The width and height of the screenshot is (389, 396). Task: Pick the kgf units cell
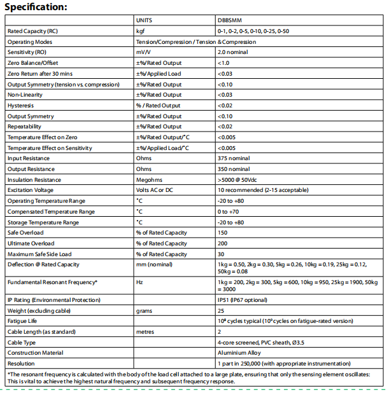141,31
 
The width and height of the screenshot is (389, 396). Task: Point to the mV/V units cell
143,51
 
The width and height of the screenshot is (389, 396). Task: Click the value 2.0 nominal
234,51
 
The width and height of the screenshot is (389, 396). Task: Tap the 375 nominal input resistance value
233,158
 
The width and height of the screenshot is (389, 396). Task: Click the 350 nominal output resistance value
233,169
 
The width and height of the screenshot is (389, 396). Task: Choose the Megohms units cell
148,180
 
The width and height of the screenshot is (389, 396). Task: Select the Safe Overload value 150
222,233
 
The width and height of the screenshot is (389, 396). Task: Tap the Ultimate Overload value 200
222,243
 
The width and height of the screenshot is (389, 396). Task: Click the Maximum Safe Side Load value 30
220,254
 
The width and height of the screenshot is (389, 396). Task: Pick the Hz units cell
139,281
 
